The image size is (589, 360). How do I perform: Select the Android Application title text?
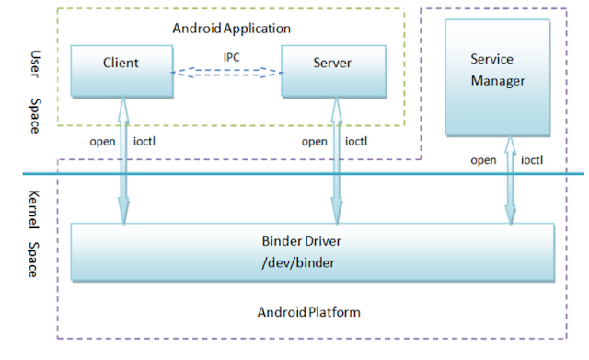tap(231, 28)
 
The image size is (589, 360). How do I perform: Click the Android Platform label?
tap(308, 311)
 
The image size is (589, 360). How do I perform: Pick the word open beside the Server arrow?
tap(314, 142)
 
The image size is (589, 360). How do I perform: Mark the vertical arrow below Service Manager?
tap(508, 180)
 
